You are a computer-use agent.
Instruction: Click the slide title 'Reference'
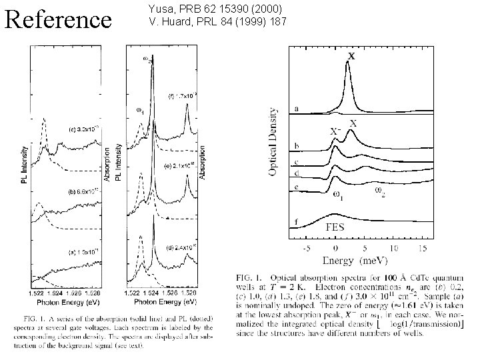[58, 19]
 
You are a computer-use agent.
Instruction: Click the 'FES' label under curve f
[335, 227]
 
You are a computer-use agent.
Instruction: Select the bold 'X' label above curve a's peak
[351, 57]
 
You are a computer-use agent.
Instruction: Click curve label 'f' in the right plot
[296, 221]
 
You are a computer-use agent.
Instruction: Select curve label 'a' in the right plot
[296, 109]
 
